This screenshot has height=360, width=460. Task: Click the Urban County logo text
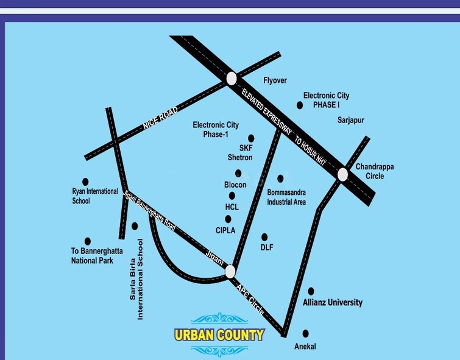[219, 334]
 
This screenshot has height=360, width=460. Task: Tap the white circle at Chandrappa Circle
[342, 174]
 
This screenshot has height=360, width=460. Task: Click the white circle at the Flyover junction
[232, 78]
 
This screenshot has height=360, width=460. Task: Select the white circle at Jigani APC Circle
[230, 271]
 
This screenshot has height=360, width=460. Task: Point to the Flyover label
[275, 80]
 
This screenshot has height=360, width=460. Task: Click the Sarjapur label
[351, 120]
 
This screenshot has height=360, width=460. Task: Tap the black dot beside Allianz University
[311, 291]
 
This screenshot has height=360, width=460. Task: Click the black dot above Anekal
[305, 333]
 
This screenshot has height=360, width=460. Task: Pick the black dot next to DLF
[264, 237]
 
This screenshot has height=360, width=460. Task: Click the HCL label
[232, 207]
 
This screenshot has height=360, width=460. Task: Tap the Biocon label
[235, 185]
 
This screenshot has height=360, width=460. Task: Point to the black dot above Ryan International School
[85, 181]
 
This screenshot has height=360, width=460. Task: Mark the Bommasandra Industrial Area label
[286, 197]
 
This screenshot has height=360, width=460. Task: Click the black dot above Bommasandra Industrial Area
[281, 178]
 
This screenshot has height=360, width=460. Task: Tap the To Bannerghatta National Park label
[93, 256]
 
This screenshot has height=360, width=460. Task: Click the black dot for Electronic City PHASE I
[300, 105]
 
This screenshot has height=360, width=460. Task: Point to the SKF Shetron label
[240, 153]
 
